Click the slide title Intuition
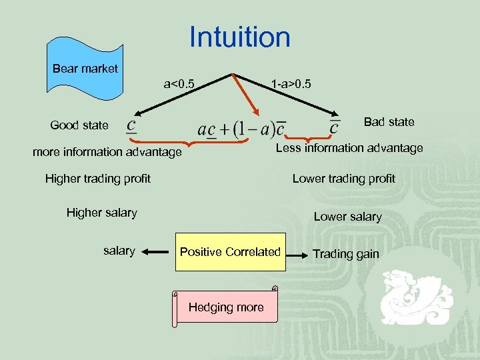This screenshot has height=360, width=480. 240,37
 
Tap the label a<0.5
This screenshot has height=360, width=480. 179,85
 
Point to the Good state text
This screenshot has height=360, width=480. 79,125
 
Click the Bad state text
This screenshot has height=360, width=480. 389,122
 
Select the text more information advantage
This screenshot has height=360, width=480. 107,153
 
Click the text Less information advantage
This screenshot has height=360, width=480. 349,148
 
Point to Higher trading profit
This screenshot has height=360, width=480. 97,178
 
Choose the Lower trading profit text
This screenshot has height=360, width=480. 343,179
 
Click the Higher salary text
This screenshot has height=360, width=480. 101,213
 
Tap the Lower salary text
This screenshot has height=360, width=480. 347,217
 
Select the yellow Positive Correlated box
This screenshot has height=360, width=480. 230,252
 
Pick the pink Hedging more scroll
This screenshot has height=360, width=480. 225,307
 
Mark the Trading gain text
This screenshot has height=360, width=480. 345,254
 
